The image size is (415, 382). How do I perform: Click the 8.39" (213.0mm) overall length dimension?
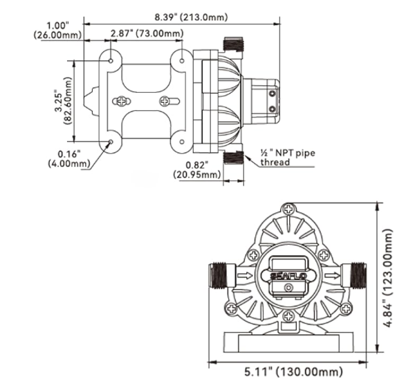(x=191, y=17)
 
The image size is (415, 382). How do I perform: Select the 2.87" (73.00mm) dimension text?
(x=147, y=34)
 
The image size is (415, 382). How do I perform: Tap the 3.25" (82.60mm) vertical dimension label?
(x=63, y=101)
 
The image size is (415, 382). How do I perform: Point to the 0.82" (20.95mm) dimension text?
(x=197, y=170)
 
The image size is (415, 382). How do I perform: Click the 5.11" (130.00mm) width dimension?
(x=293, y=372)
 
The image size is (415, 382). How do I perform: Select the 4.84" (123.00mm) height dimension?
(x=388, y=278)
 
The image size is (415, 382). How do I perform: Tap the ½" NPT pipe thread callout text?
(x=288, y=157)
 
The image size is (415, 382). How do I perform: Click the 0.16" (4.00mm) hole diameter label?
(x=68, y=158)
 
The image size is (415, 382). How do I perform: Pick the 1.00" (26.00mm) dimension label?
(x=57, y=31)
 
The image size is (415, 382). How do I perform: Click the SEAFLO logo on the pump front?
(x=288, y=276)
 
